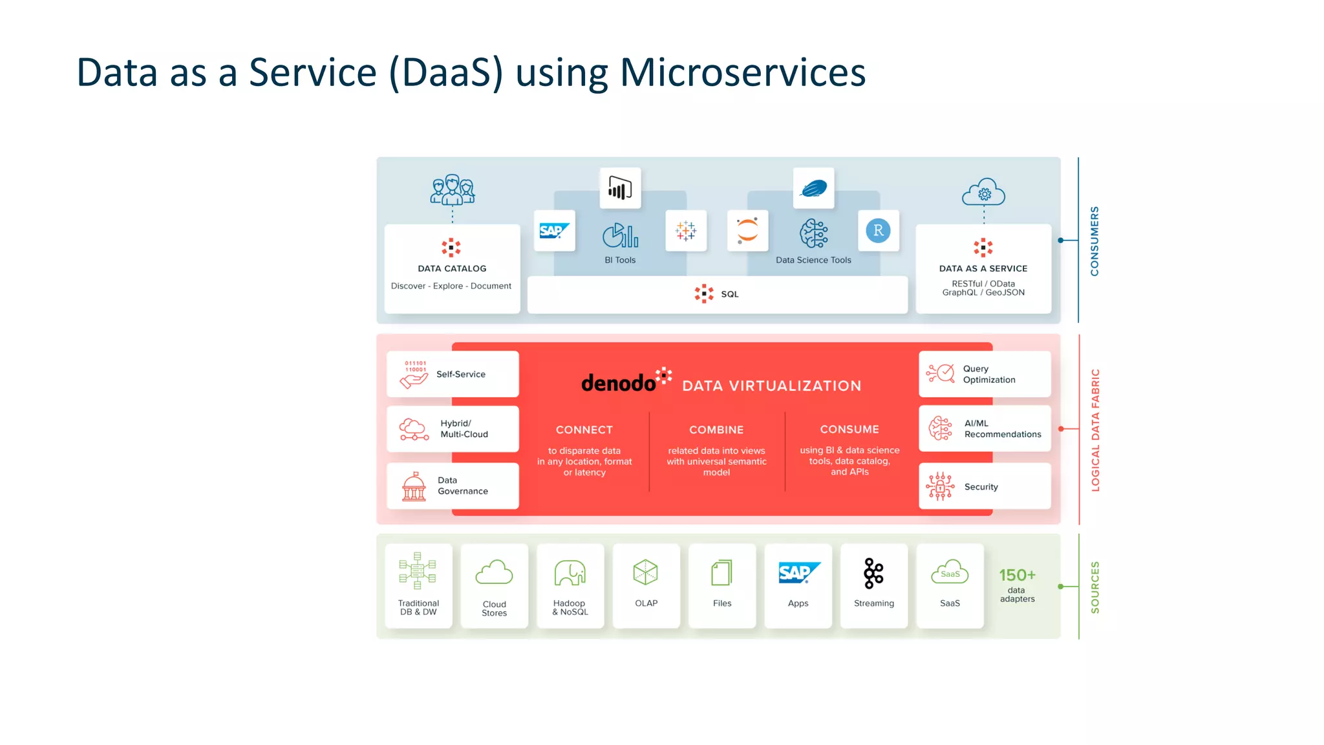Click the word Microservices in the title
click(x=742, y=72)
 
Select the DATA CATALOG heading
click(x=452, y=268)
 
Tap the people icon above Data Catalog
click(x=453, y=189)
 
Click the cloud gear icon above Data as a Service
click(x=983, y=192)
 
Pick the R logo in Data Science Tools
click(x=878, y=231)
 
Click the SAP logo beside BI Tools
click(x=554, y=231)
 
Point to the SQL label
click(x=729, y=294)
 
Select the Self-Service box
click(x=453, y=374)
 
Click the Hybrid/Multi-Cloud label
click(x=464, y=429)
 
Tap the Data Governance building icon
click(x=414, y=486)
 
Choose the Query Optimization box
click(x=985, y=374)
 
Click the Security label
click(x=981, y=487)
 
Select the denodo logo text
click(x=618, y=383)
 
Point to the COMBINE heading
click(x=716, y=430)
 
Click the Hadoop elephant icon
click(x=570, y=573)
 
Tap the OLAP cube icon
click(x=645, y=572)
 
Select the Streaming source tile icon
click(x=873, y=573)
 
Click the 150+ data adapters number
click(x=1017, y=575)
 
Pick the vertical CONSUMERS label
click(x=1094, y=241)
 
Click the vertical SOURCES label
click(x=1094, y=587)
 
